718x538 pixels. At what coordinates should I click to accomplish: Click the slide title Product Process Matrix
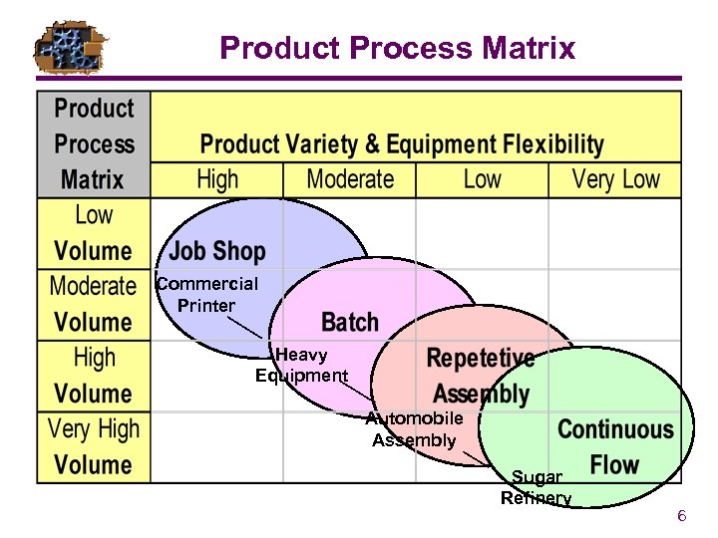point(397,47)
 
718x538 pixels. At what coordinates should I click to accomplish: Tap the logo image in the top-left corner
point(70,47)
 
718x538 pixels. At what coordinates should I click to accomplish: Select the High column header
point(217,180)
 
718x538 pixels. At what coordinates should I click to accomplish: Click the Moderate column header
point(350,180)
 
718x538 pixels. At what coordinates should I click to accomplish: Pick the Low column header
point(482,180)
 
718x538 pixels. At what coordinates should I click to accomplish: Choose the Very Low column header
point(615,180)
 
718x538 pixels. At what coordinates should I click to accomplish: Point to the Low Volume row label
point(94,233)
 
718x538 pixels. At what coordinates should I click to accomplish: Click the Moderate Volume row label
point(94,304)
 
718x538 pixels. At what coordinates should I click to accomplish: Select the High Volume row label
point(94,376)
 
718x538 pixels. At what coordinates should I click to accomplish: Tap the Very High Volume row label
point(94,447)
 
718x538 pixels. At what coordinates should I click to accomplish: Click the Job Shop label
point(217,251)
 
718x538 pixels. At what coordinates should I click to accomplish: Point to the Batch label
point(350,322)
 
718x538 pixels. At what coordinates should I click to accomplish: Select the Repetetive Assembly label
point(481,375)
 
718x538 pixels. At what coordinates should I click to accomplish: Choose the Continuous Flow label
point(615,446)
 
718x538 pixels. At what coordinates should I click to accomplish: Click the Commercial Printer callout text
point(207,295)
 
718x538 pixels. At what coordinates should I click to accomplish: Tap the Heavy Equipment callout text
point(301,366)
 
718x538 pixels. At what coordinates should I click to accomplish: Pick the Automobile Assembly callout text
point(414,429)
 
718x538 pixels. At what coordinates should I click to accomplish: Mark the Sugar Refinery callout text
point(537,488)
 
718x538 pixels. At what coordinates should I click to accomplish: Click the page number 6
point(681,516)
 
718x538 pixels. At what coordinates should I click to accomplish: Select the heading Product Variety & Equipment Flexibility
point(402,144)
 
